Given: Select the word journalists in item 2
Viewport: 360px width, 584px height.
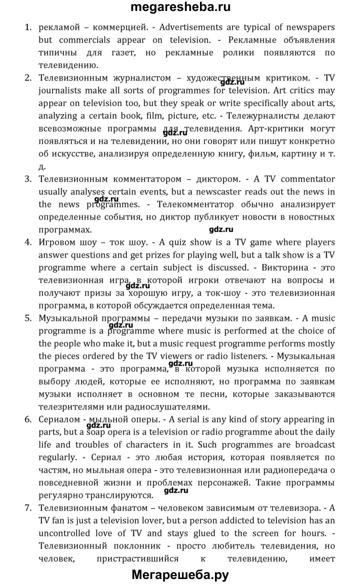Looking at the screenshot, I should [x=60, y=91].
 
